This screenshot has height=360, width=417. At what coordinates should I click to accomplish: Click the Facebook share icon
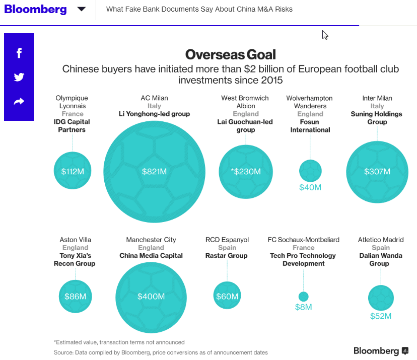pyautogui.click(x=19, y=53)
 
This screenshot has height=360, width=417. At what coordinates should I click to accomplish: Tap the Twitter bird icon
pyautogui.click(x=19, y=77)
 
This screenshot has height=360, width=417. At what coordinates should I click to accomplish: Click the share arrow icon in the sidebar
pyautogui.click(x=19, y=102)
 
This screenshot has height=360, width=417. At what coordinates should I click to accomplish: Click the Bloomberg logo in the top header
pyautogui.click(x=35, y=9)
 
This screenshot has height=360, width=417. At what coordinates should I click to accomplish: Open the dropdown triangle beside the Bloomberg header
pyautogui.click(x=81, y=9)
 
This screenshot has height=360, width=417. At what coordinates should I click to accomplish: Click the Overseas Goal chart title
pyautogui.click(x=230, y=54)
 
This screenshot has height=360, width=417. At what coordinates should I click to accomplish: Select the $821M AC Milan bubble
pyautogui.click(x=154, y=172)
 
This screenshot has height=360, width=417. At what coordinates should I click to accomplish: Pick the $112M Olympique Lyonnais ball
pyautogui.click(x=73, y=171)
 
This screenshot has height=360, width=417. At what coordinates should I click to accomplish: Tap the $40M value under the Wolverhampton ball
pyautogui.click(x=310, y=188)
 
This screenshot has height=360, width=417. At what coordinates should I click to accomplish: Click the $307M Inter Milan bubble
pyautogui.click(x=377, y=172)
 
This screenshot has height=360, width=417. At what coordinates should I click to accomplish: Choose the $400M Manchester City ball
pyautogui.click(x=151, y=297)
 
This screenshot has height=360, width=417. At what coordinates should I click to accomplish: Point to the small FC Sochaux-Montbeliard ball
pyautogui.click(x=303, y=297)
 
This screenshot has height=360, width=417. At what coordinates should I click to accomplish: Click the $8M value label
pyautogui.click(x=303, y=307)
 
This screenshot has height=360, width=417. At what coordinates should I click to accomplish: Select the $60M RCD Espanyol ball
pyautogui.click(x=227, y=297)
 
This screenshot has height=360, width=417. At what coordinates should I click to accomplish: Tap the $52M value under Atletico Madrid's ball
pyautogui.click(x=381, y=316)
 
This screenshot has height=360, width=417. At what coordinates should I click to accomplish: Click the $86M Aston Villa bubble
pyautogui.click(x=76, y=297)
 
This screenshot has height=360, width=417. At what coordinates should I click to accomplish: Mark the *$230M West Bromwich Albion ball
pyautogui.click(x=246, y=172)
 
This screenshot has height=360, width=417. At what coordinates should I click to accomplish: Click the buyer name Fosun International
pyautogui.click(x=310, y=126)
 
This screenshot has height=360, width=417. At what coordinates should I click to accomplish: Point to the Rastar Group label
pyautogui.click(x=227, y=256)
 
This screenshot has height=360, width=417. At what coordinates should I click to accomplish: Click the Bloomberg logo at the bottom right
pyautogui.click(x=381, y=350)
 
